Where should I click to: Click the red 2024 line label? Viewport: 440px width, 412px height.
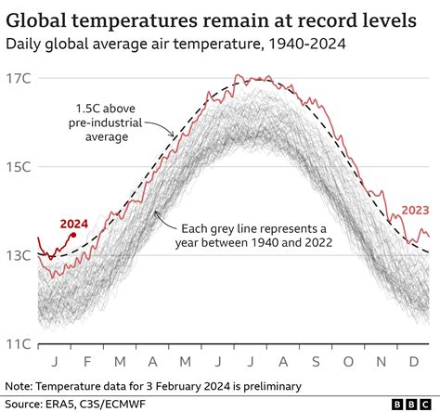pos(74,224)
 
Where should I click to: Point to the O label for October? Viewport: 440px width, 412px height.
pos(347,360)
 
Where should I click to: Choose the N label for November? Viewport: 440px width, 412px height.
pos(380,360)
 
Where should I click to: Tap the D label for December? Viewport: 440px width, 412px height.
pos(413,360)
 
